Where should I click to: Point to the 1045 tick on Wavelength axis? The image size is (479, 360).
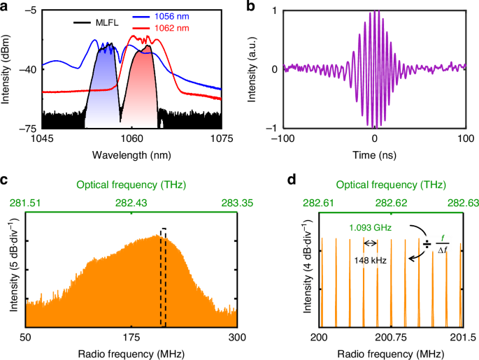(43, 138)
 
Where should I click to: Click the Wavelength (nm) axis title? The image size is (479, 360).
(131, 155)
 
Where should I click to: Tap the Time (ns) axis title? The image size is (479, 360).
(375, 155)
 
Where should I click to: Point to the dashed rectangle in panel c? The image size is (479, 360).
(164, 277)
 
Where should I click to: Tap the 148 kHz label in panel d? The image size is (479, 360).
(371, 259)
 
